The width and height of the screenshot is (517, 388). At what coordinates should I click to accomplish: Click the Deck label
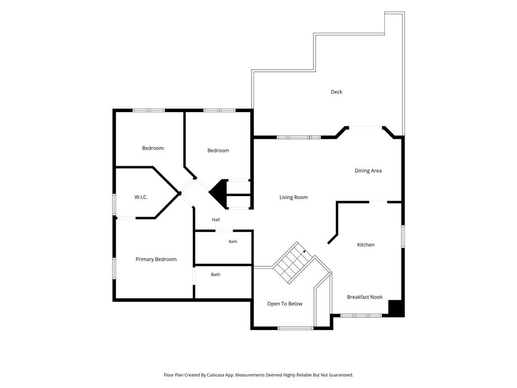[336, 92]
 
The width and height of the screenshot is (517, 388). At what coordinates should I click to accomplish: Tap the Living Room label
[293, 198]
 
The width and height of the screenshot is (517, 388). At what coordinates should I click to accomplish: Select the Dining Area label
[368, 171]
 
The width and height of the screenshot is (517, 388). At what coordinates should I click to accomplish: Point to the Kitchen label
[366, 245]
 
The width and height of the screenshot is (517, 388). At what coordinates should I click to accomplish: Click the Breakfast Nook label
[365, 297]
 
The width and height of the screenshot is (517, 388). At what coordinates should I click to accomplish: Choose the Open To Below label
[285, 304]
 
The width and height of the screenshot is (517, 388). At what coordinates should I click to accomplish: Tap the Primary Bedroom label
[156, 259]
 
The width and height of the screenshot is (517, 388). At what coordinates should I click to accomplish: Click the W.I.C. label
[141, 198]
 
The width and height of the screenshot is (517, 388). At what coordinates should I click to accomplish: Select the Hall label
[216, 220]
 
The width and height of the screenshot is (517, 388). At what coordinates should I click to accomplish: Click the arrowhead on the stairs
[304, 252]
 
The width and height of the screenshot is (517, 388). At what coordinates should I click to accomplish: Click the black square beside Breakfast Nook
[396, 309]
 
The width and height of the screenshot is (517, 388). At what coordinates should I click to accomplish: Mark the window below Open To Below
[295, 328]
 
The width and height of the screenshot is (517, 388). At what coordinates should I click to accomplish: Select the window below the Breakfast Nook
[361, 316]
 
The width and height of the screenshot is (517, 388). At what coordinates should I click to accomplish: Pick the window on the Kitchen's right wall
[403, 236]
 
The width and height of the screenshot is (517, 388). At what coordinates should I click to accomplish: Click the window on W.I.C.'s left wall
[114, 205]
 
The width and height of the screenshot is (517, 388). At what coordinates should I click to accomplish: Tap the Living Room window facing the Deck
[299, 137]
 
